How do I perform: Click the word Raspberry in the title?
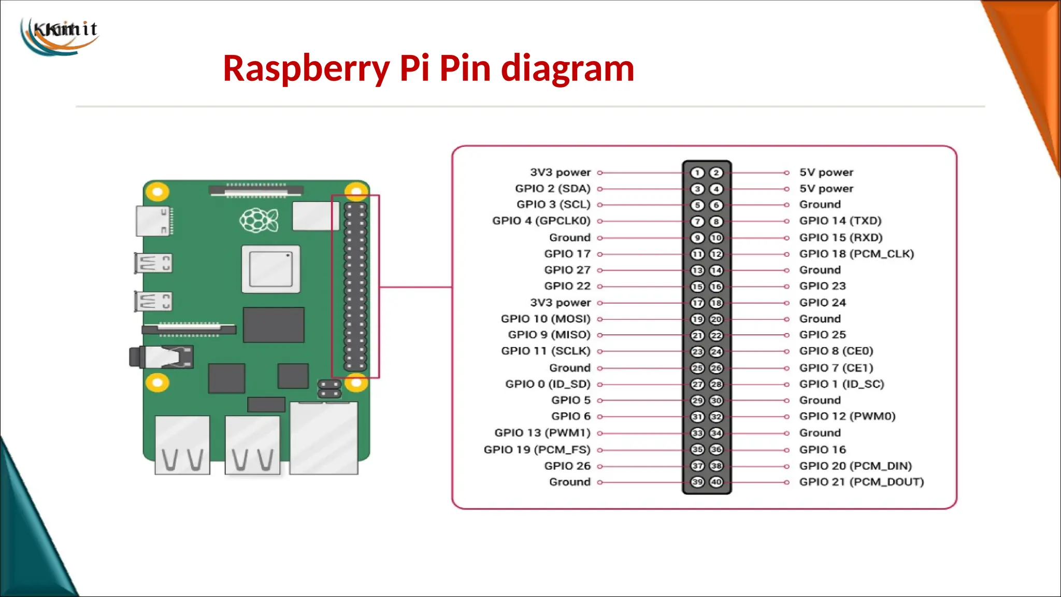click(x=306, y=68)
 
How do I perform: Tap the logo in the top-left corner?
click(x=60, y=35)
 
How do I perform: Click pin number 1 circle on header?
click(x=697, y=173)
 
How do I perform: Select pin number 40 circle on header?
click(x=716, y=482)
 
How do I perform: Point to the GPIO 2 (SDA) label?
click(x=552, y=189)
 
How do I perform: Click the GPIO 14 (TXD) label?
click(x=840, y=221)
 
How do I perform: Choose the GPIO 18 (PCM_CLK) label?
click(x=856, y=254)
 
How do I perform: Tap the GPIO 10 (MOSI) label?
click(x=545, y=319)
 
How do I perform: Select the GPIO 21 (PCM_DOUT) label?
click(x=861, y=482)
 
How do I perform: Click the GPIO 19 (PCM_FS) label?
click(x=537, y=449)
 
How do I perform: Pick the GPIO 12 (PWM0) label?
click(x=847, y=416)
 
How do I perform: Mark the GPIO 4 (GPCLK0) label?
click(x=541, y=221)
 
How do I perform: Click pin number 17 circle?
click(x=697, y=303)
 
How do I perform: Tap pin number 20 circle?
click(x=716, y=319)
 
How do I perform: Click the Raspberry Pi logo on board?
click(x=259, y=220)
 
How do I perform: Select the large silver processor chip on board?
click(x=271, y=269)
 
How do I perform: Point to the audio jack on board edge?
click(x=161, y=357)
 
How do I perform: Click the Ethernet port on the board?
click(x=324, y=438)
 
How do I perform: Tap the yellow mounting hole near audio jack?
click(x=157, y=383)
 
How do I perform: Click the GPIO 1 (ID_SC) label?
click(x=841, y=384)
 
